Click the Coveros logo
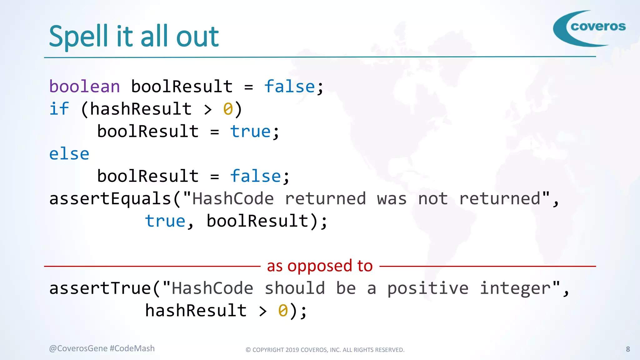(589, 28)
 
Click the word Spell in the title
(78, 37)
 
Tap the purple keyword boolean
(85, 87)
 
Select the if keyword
(59, 109)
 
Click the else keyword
(69, 154)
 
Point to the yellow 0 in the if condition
(228, 109)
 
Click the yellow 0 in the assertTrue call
(283, 311)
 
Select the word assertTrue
(100, 288)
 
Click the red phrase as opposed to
(320, 266)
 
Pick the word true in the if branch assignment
(250, 132)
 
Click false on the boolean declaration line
(289, 87)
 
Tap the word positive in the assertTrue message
(428, 288)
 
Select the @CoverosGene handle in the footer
(78, 348)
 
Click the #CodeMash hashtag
(132, 348)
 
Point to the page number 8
(628, 349)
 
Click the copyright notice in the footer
(325, 350)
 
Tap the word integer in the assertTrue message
(515, 288)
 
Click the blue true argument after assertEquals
(165, 221)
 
